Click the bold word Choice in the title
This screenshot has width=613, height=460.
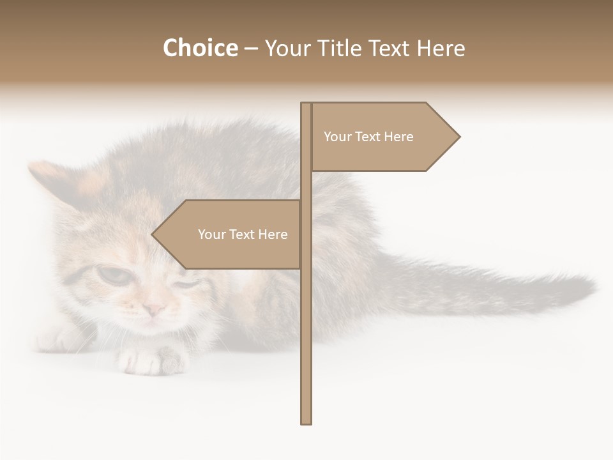coord(200,49)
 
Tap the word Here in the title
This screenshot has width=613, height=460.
coord(441,49)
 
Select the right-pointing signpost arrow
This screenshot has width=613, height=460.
coord(383,137)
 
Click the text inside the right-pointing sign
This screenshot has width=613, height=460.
coord(368,137)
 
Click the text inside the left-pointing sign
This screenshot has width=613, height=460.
coord(243,234)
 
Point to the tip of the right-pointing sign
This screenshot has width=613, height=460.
coord(458,137)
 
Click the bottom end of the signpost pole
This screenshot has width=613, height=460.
coord(306,422)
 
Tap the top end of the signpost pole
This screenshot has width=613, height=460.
coord(306,105)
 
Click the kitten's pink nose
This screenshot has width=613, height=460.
coord(154,309)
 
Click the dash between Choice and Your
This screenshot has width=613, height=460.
coord(251,49)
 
